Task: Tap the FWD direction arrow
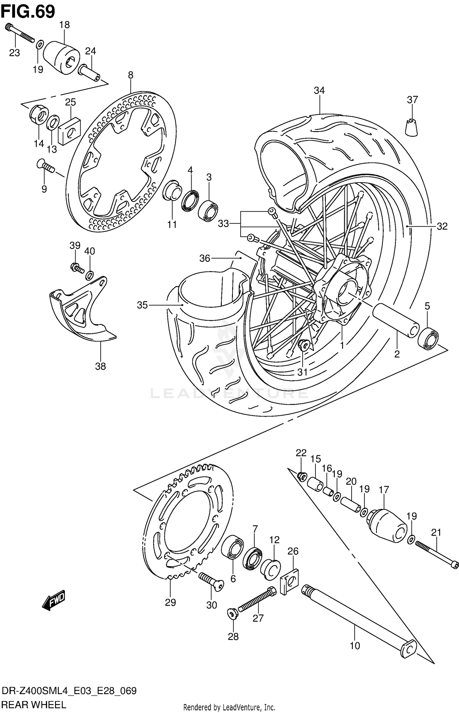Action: tap(54, 600)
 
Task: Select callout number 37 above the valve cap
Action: tap(412, 100)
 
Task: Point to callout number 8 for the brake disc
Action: tap(131, 75)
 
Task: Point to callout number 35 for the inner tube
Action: tap(142, 305)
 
